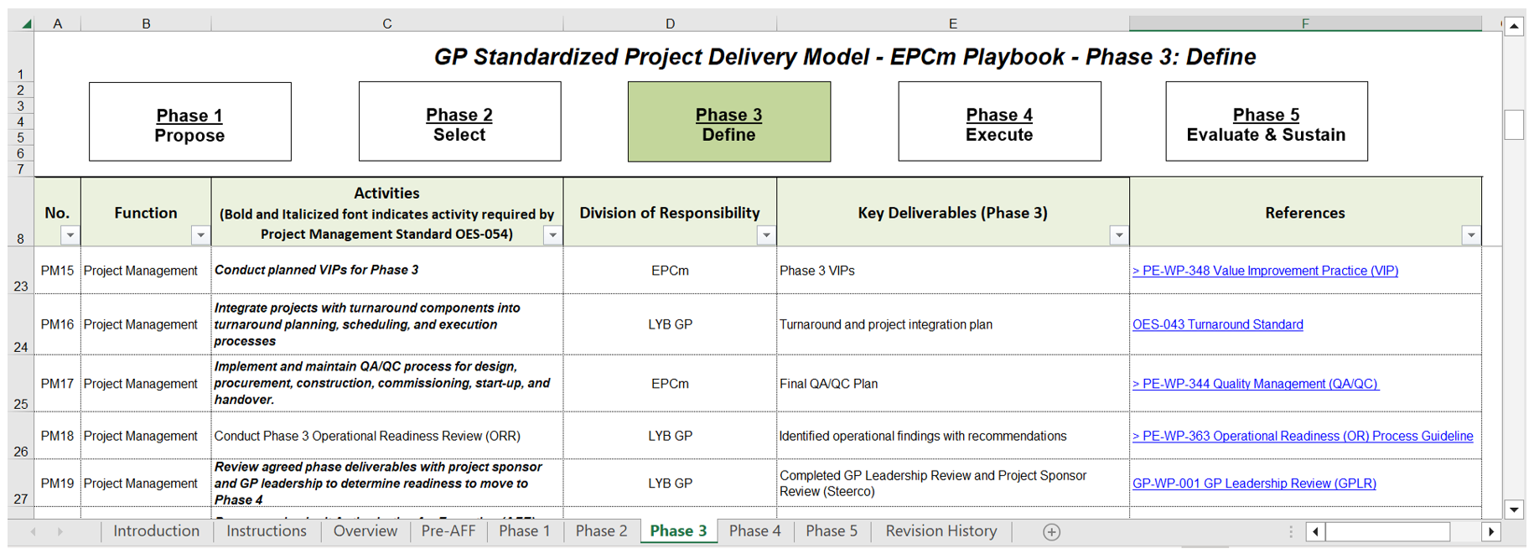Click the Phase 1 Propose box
point(190,122)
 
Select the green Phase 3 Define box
point(729,122)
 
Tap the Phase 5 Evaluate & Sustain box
point(1267,122)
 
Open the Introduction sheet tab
point(157,531)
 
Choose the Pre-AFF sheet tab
point(448,531)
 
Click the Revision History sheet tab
point(941,531)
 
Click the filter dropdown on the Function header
point(200,236)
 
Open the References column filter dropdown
point(1471,236)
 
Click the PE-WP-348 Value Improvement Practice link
point(1265,271)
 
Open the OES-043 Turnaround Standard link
point(1218,324)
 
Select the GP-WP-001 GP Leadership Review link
point(1254,484)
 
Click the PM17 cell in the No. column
point(57,384)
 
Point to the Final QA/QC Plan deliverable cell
point(953,384)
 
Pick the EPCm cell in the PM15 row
point(670,271)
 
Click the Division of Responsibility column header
point(670,213)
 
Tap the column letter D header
point(670,23)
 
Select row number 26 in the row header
point(21,436)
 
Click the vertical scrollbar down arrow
point(1514,510)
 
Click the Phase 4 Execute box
point(999,122)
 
